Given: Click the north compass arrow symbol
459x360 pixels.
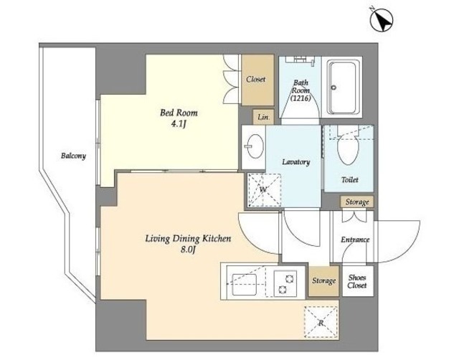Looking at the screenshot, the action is click(x=382, y=19).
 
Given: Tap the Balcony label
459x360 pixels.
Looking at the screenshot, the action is click(x=73, y=156).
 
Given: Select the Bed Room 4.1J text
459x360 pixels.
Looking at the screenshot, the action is click(x=179, y=118).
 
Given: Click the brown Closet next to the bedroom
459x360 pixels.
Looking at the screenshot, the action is click(x=257, y=80).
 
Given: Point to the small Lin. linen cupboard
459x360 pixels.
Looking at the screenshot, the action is click(x=263, y=117).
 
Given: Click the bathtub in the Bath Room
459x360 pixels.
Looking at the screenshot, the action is click(x=344, y=87).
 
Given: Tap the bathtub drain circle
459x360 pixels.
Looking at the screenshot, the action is click(x=333, y=87).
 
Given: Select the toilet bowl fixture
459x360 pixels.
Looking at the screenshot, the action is click(x=348, y=147).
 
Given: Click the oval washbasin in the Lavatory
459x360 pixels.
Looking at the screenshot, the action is click(x=255, y=146).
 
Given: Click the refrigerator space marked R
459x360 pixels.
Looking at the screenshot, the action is click(x=321, y=323).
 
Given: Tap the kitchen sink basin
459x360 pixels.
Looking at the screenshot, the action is click(x=244, y=284).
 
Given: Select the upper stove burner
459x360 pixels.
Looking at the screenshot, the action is click(x=290, y=278).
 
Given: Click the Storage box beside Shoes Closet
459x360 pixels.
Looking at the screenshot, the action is click(x=323, y=281).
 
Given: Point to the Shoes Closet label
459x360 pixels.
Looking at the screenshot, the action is click(x=357, y=281).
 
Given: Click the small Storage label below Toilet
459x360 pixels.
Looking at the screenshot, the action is click(x=357, y=202).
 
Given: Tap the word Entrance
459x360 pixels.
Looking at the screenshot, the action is click(x=355, y=240).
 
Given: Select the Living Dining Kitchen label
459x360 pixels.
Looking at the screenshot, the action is click(x=188, y=239).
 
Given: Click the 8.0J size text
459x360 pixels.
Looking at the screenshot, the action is click(x=188, y=250).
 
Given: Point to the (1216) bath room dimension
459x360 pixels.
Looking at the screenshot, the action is click(x=301, y=98).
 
